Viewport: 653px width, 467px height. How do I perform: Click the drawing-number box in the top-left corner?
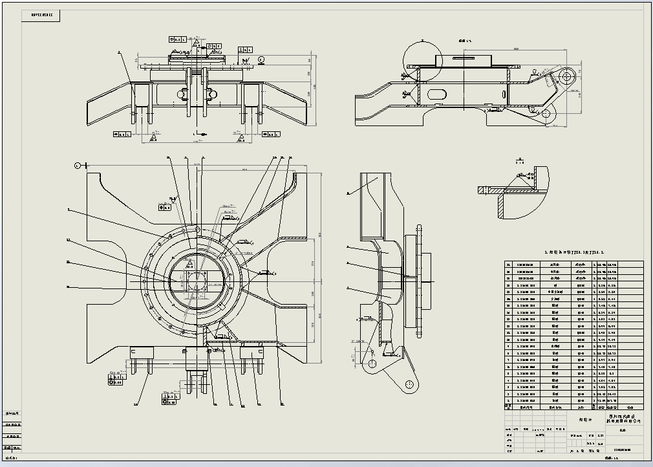(41, 16)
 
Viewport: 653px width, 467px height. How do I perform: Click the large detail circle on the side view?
(422, 61)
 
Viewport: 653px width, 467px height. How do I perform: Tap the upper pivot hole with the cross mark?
(566, 76)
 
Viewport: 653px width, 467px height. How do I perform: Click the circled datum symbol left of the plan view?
(77, 166)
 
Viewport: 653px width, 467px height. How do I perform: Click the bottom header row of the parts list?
(573, 407)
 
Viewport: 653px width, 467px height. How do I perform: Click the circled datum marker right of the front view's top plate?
(261, 60)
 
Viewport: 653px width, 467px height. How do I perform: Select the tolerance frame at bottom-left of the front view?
(122, 134)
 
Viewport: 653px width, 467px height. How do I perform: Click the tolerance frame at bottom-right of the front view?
(272, 134)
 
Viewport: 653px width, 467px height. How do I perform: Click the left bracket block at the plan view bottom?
(141, 353)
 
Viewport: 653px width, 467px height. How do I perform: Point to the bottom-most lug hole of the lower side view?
(409, 385)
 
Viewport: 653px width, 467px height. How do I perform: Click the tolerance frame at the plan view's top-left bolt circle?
(165, 207)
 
